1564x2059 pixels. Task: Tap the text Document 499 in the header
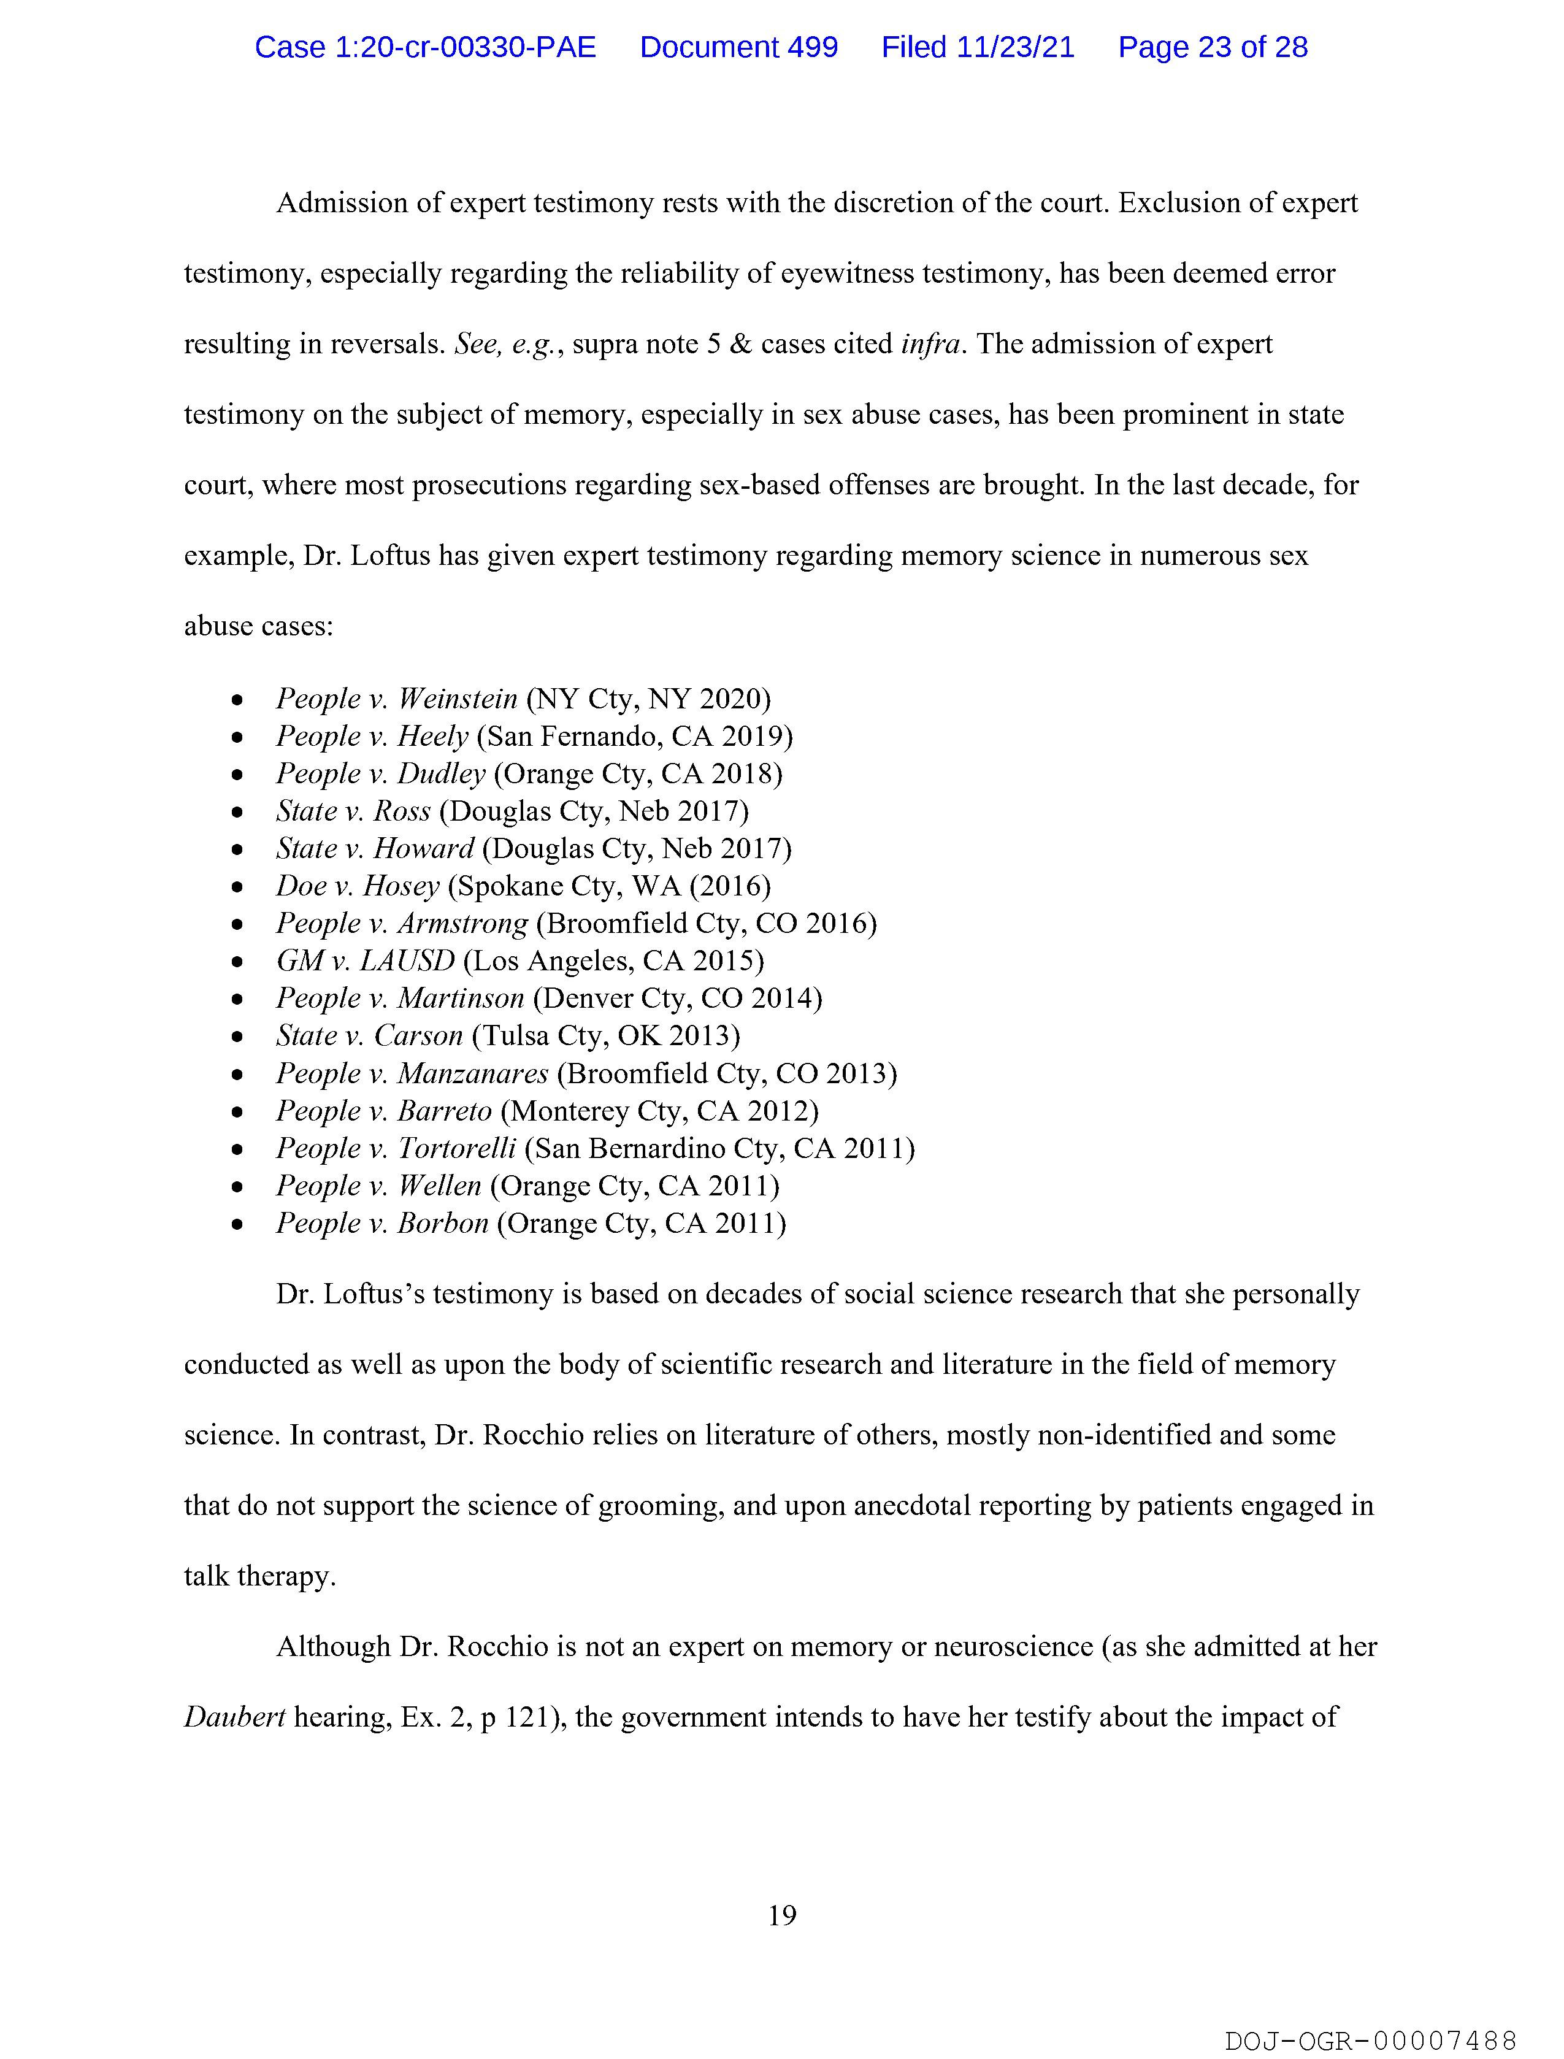738,47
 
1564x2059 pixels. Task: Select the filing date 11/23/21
1014,47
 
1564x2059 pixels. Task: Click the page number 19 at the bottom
782,1915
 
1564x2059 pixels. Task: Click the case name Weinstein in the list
457,699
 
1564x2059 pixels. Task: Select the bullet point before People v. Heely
239,737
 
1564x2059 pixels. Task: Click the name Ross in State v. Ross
402,811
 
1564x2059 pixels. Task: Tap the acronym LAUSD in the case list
407,960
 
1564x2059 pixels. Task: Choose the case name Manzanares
473,1073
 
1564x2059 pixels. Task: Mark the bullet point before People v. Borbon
239,1224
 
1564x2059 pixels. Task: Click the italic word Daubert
234,1717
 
